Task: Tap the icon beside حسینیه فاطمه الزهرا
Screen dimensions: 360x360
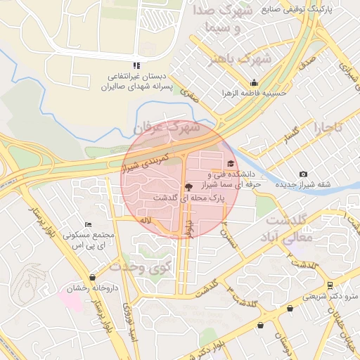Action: (x=254, y=82)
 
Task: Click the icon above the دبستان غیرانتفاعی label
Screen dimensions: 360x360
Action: (x=136, y=66)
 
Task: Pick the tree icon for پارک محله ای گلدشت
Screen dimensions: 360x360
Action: (x=187, y=187)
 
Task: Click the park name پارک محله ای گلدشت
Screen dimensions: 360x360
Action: (x=188, y=199)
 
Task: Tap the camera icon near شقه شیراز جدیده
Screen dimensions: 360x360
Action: (x=303, y=174)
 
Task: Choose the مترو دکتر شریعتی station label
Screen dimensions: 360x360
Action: (x=330, y=296)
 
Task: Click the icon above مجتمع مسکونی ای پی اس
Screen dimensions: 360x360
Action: (x=86, y=225)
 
